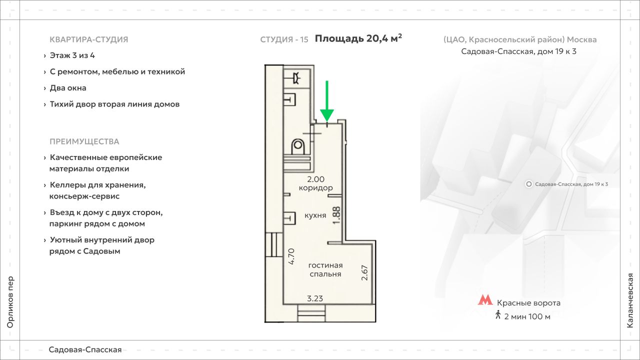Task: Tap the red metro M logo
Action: pos(484,300)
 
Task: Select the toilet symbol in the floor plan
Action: pos(298,147)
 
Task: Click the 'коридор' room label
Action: pos(315,188)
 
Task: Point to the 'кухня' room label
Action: pos(315,215)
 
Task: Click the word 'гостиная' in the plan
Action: pos(325,265)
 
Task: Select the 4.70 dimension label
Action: pos(291,255)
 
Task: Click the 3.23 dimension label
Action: pos(315,298)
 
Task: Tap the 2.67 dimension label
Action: pos(364,272)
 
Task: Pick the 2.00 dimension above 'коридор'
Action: pos(315,179)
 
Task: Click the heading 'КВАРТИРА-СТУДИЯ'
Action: pos(89,39)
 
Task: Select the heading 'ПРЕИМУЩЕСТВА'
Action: pos(84,141)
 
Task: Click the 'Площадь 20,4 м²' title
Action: pos(358,38)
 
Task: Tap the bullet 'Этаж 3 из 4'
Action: pos(72,55)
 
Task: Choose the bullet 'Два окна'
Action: pos(68,88)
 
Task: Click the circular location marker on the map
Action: pos(529,184)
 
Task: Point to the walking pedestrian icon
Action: pos(497,315)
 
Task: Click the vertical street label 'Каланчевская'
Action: pos(630,300)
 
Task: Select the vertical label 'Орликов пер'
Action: pos(10,302)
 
